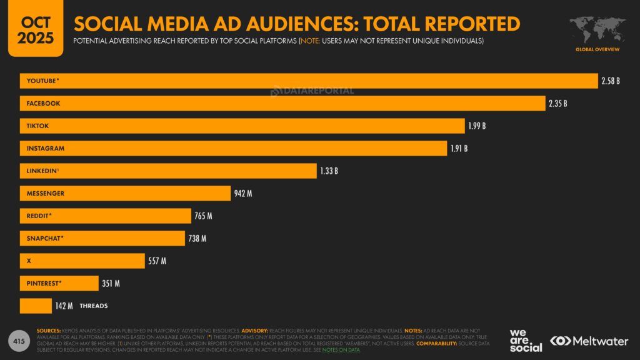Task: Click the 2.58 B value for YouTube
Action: point(610,81)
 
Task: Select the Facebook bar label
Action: point(43,103)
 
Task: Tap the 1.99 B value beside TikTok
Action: point(477,126)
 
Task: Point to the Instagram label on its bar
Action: point(45,148)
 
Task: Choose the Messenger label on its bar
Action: point(45,193)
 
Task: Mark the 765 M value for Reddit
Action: point(203,216)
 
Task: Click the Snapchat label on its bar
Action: point(45,238)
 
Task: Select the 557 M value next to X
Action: point(157,261)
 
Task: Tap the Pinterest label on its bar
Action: point(44,283)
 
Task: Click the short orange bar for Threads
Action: point(36,306)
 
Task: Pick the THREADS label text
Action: point(94,306)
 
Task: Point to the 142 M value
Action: point(64,306)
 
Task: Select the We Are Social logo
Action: point(526,340)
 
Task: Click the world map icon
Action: point(597,29)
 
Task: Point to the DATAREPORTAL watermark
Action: point(312,91)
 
